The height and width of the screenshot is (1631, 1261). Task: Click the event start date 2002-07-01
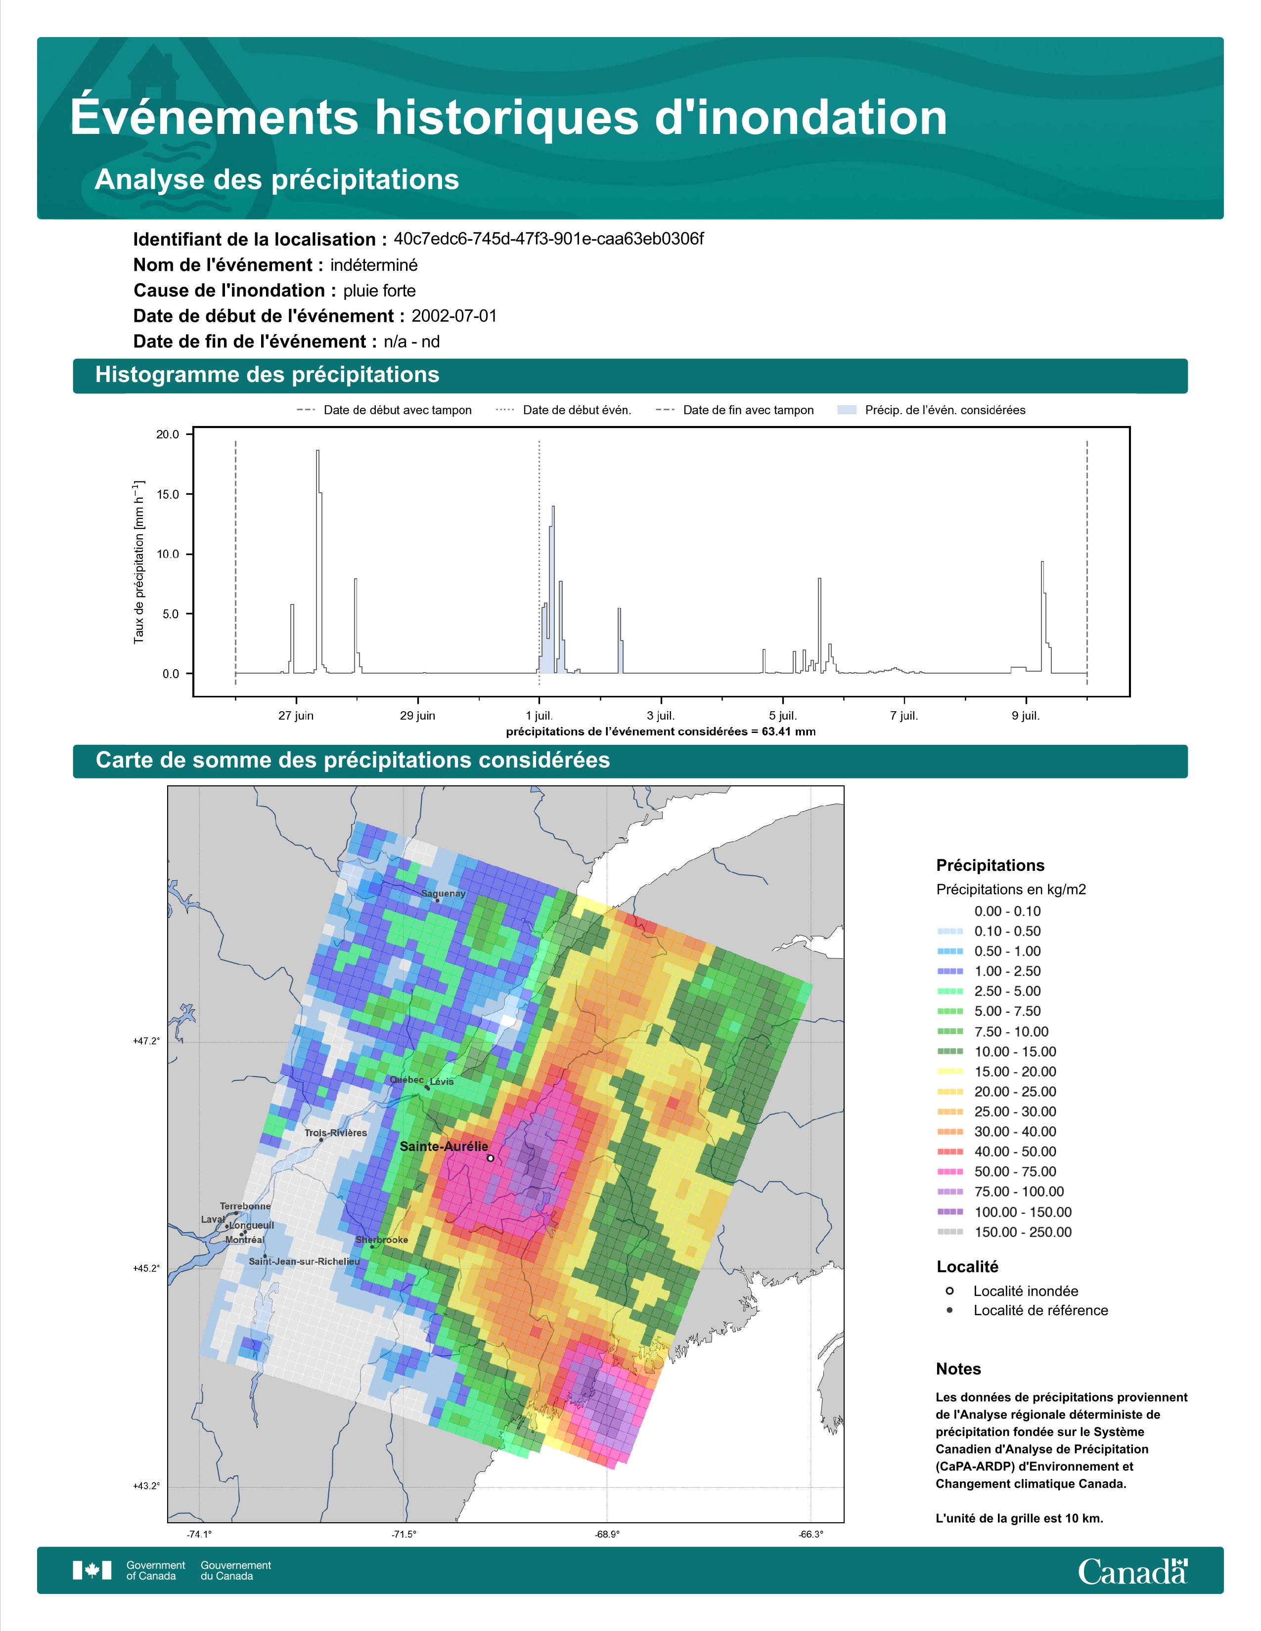(453, 316)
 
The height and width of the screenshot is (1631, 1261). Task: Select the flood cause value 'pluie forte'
(379, 291)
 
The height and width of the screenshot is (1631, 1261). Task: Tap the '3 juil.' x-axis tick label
(660, 716)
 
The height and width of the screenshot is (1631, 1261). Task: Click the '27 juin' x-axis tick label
(296, 716)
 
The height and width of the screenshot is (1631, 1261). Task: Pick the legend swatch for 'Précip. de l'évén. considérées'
(847, 410)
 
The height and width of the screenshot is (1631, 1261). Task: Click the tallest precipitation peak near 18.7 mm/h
(317, 451)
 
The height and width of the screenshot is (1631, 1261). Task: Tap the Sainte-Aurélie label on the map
(444, 1146)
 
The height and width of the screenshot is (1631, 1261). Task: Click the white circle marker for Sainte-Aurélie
(490, 1159)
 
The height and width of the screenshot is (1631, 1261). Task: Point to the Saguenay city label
(443, 893)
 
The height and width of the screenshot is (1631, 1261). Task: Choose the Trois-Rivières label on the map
(335, 1133)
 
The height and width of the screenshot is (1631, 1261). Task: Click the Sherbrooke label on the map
(382, 1240)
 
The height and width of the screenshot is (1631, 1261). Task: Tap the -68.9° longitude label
(607, 1535)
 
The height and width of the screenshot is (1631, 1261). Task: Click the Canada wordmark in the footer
(1132, 1571)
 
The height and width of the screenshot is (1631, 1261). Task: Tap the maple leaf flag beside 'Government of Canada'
(92, 1571)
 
